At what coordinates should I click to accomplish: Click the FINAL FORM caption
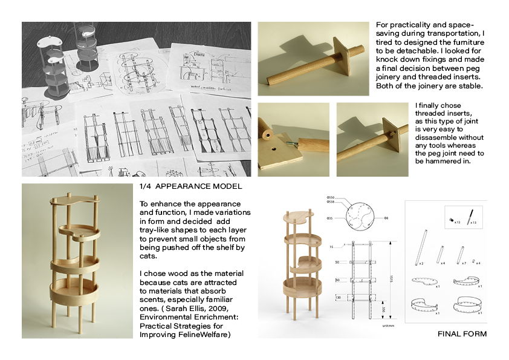[x=462, y=334]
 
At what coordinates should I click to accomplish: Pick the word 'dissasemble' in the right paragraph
[x=439, y=138]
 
